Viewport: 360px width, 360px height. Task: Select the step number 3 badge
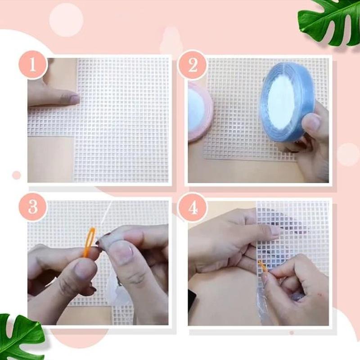(x=32, y=208)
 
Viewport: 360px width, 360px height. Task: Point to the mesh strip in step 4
(x=292, y=234)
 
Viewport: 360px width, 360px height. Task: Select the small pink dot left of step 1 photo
(x=17, y=175)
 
